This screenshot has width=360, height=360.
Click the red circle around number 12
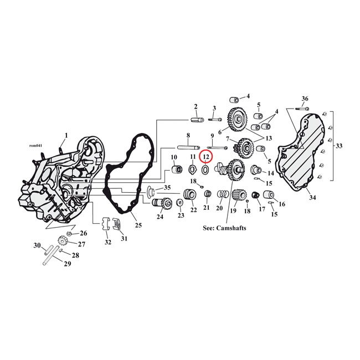click(206, 157)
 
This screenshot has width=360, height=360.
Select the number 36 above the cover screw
click(305, 99)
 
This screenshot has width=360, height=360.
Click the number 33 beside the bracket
click(340, 146)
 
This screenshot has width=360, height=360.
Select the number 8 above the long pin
click(188, 136)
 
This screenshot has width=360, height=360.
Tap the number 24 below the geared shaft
click(160, 217)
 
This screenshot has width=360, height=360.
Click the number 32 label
click(107, 243)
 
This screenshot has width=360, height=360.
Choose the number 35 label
click(167, 188)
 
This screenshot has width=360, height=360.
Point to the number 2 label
click(196, 106)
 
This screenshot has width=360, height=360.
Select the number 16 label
click(282, 204)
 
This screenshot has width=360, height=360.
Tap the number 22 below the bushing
click(193, 210)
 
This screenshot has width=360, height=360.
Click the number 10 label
click(173, 157)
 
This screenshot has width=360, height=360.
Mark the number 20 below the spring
click(219, 208)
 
